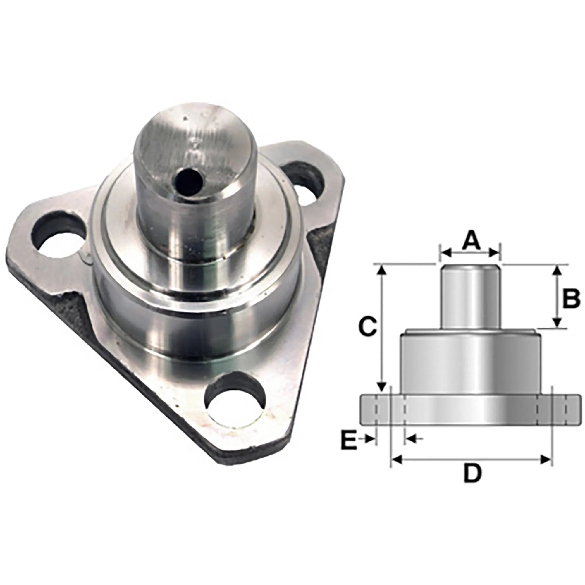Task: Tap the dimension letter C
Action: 367,326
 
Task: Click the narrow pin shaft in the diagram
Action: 469,297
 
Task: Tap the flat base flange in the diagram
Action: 471,409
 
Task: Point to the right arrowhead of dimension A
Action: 494,252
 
